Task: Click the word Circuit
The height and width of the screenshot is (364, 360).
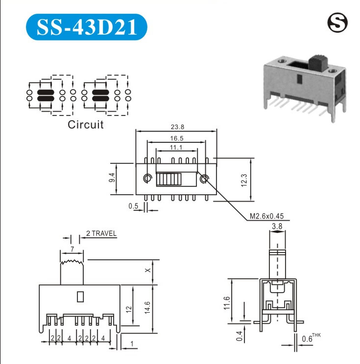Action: coord(86,124)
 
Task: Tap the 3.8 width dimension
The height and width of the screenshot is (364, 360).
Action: coord(277,227)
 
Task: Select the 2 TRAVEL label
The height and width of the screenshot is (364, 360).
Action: coord(101,233)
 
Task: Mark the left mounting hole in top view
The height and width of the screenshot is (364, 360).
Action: coord(147,178)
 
